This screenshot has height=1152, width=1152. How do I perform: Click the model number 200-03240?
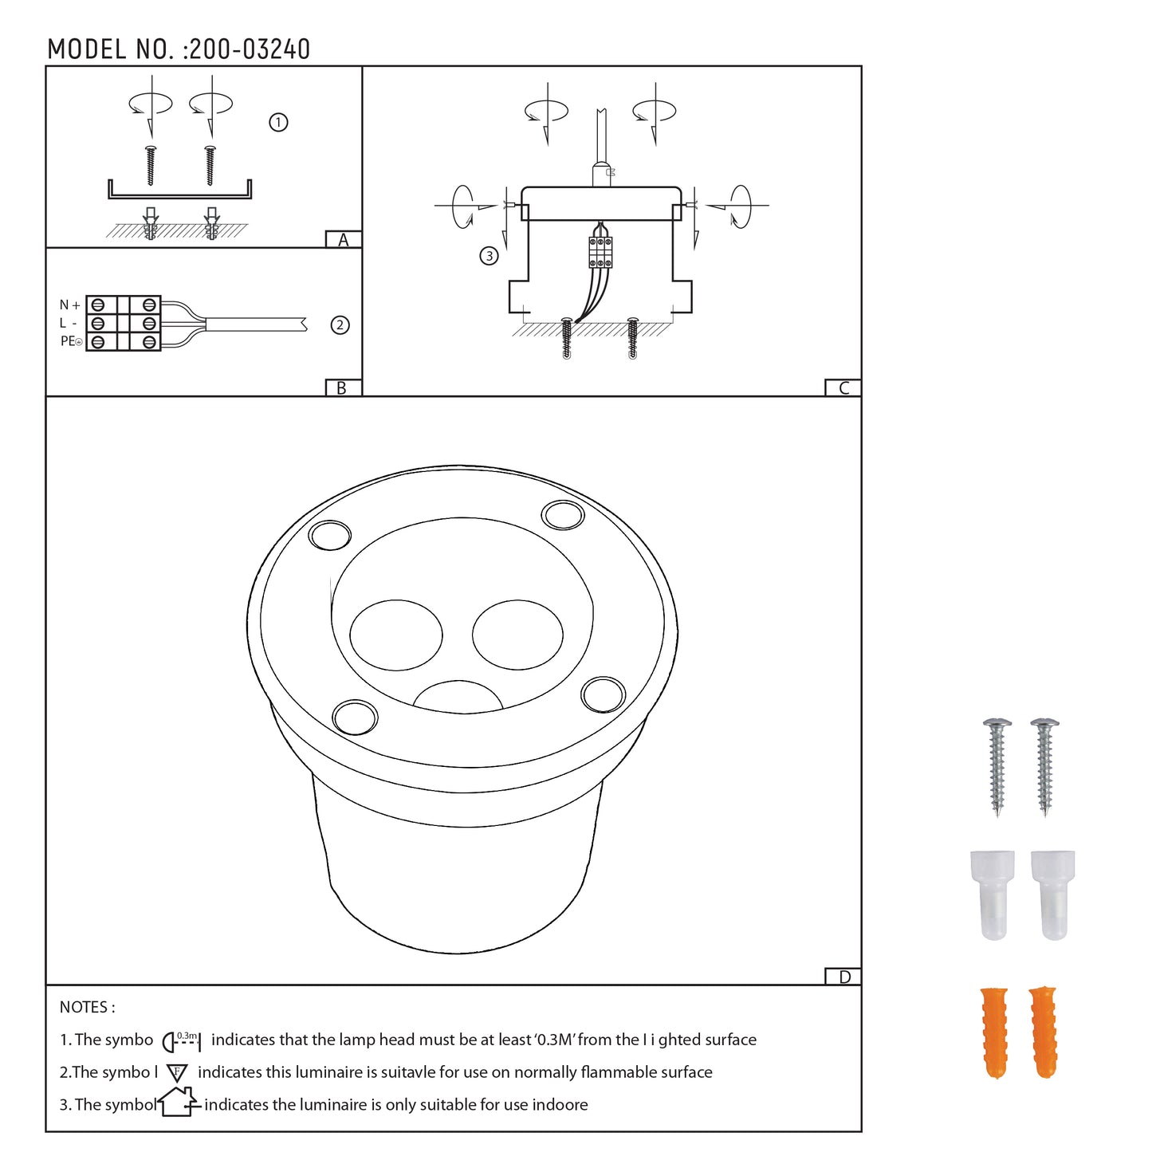coord(249,49)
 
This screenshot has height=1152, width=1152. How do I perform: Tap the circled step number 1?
coord(278,123)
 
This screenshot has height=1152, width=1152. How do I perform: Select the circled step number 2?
coord(340,325)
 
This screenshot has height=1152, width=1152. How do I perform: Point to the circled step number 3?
coord(489,256)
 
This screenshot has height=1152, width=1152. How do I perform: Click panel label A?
coord(344,240)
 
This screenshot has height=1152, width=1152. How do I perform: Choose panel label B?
coord(342,388)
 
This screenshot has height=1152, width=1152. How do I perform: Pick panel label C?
coord(843,388)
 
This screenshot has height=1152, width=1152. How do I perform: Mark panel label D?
coord(844,977)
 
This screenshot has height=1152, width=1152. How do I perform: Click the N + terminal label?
coord(69,305)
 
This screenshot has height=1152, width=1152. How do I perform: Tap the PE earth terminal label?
coord(71,341)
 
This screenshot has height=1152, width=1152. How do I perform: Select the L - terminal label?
coord(68,324)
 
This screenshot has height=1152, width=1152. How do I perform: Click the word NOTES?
coord(87,1008)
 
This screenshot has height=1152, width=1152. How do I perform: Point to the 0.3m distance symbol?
coord(182,1040)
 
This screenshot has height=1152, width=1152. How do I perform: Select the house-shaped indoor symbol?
coord(177,1103)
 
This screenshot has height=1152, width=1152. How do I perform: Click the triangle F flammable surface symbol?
coord(177,1073)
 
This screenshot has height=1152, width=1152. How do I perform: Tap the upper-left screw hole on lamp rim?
coord(330,535)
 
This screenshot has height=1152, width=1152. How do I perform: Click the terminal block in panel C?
coord(600,253)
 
